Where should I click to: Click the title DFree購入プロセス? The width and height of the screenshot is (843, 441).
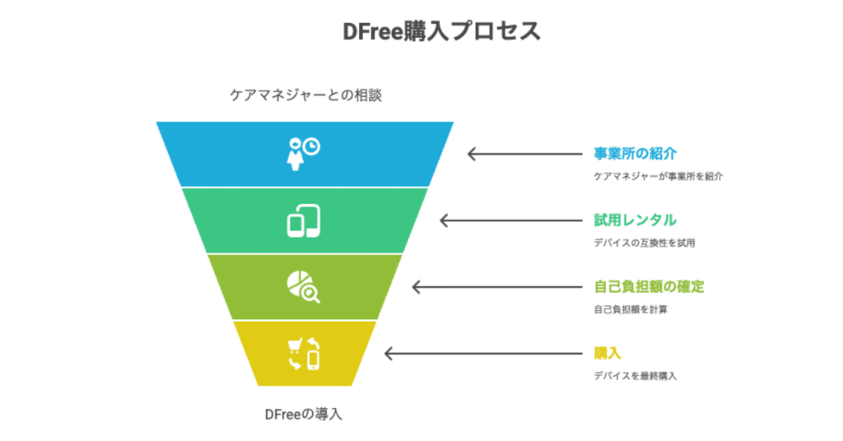[x=441, y=30]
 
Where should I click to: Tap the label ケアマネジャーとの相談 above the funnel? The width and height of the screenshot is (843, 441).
[x=306, y=95]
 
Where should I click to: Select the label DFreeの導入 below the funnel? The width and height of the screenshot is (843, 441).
[x=303, y=414]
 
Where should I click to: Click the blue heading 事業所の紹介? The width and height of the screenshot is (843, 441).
[x=635, y=154]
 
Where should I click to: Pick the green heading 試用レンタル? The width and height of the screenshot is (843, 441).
[x=635, y=220]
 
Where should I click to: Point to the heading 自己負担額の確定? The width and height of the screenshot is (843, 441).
[x=649, y=287]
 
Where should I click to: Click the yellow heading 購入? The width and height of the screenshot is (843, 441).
[x=608, y=354]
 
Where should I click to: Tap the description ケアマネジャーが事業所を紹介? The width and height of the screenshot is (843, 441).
[x=658, y=176]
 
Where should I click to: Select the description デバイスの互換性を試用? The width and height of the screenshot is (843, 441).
[x=644, y=243]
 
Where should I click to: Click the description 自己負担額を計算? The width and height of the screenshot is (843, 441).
[x=630, y=309]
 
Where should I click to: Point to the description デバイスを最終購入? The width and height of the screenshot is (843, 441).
[x=635, y=376]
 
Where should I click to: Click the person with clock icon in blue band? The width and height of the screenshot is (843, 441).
[x=303, y=154]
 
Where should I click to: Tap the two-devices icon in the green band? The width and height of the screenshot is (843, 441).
[x=303, y=220]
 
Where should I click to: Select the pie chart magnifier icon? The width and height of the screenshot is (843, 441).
[x=303, y=287]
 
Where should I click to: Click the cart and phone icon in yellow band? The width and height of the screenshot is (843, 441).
[x=304, y=354]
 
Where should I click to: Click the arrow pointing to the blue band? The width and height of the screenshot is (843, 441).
[x=524, y=154]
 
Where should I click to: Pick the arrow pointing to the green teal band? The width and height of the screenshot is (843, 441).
[x=510, y=220]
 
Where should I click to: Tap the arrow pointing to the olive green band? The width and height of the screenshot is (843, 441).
[x=497, y=287]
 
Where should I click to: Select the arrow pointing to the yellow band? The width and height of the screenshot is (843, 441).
[x=483, y=354]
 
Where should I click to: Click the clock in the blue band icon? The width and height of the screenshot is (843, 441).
[x=310, y=146]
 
